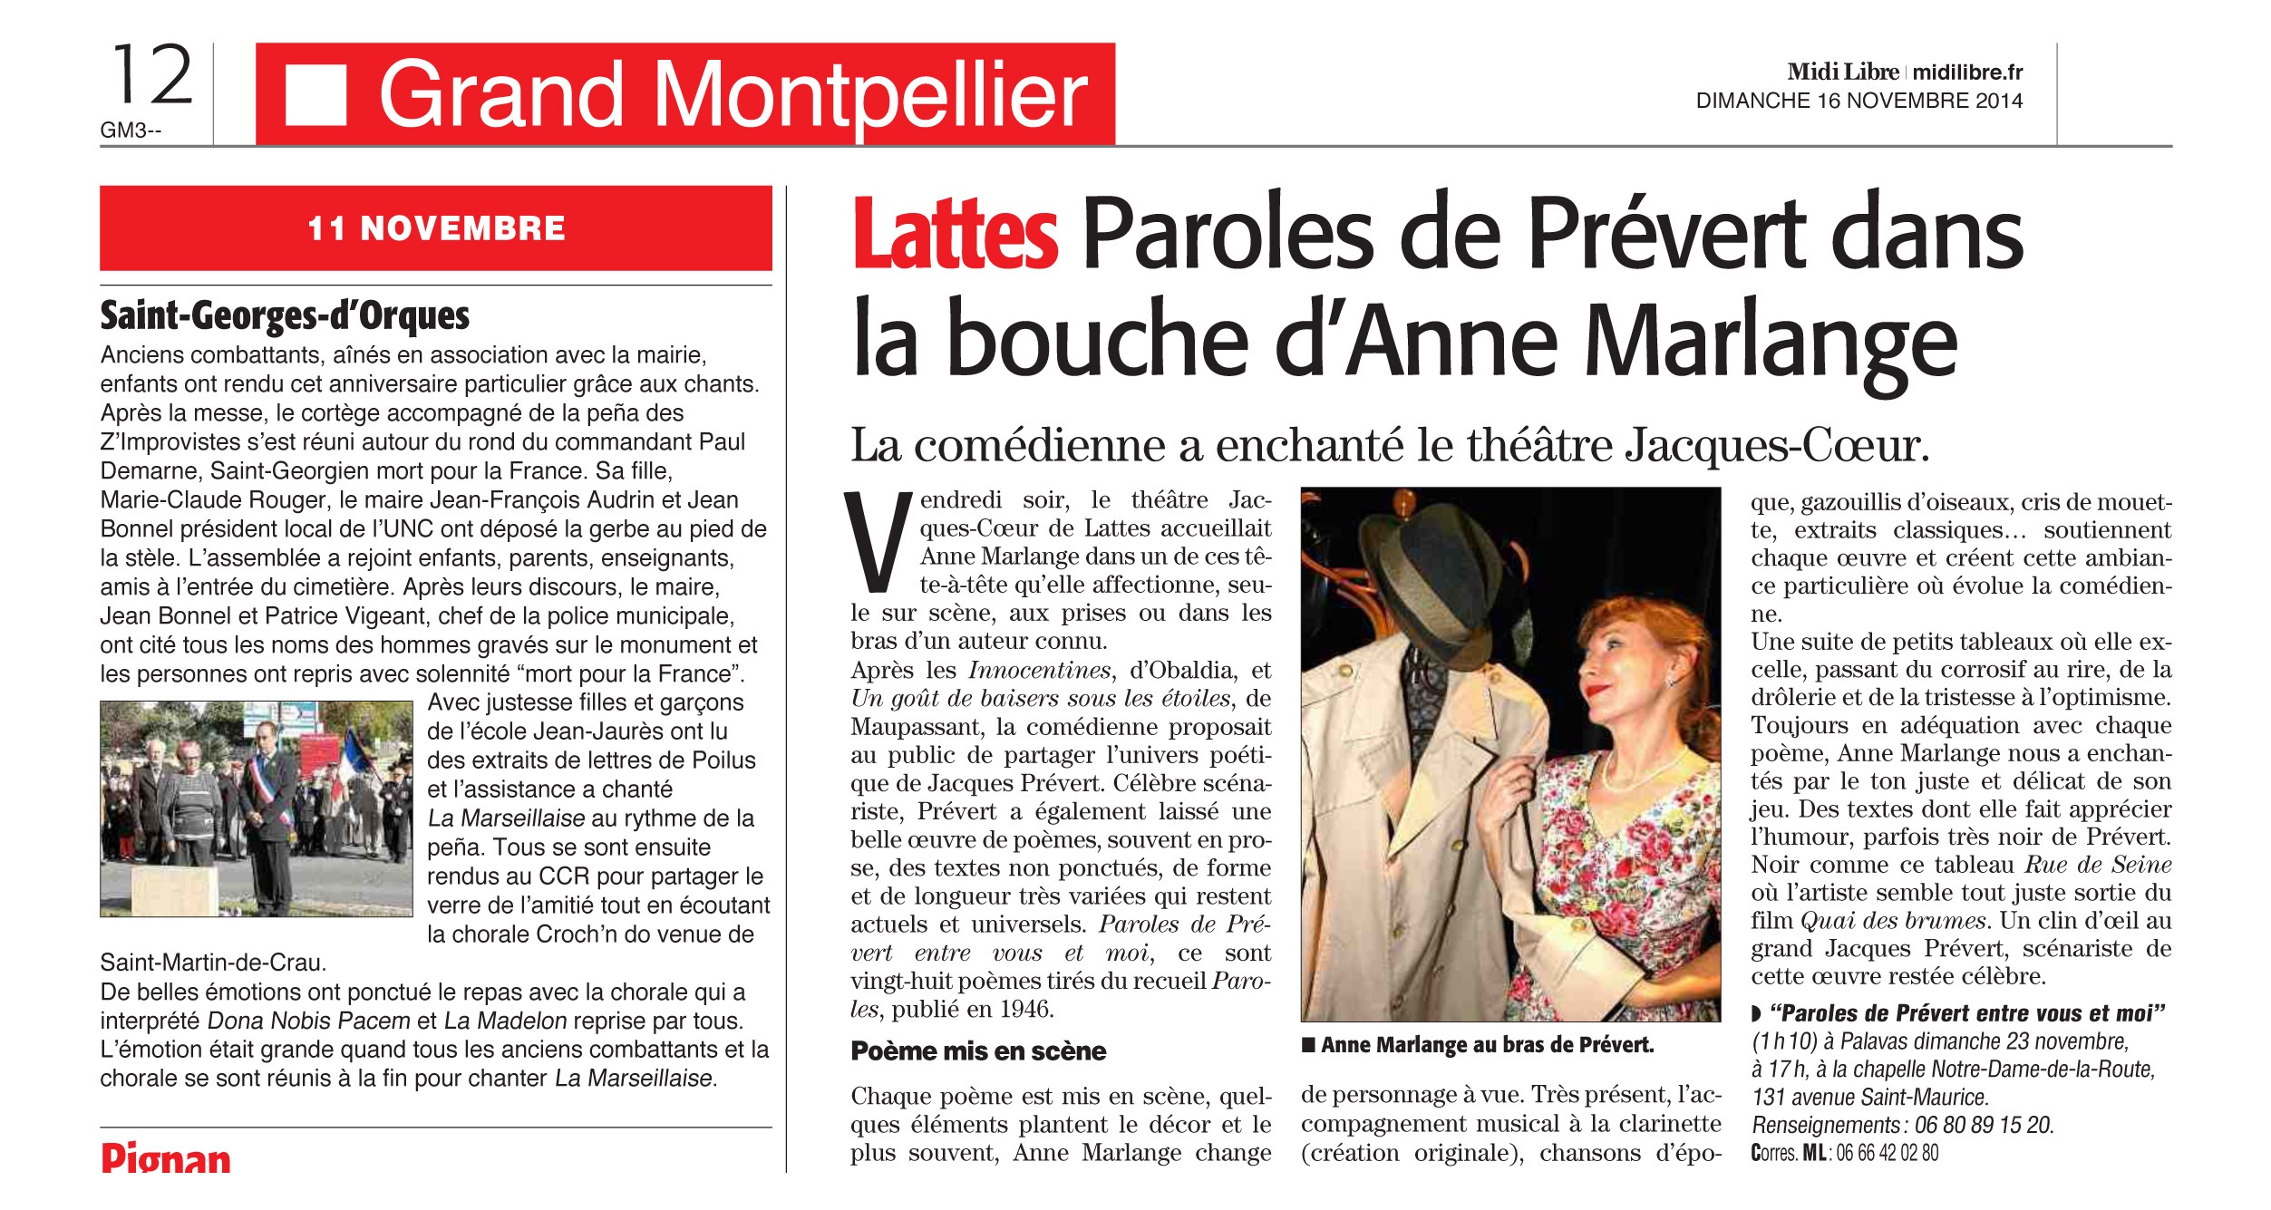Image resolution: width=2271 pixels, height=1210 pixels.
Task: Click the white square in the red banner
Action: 315,94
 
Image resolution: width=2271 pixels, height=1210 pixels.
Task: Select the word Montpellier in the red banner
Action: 870,94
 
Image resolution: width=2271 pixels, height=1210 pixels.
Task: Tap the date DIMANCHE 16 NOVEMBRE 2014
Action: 1859,101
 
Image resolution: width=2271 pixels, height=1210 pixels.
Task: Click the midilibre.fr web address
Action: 1967,72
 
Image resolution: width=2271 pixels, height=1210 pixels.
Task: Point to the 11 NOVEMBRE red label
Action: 436,228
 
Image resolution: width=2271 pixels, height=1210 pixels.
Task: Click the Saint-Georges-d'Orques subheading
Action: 285,315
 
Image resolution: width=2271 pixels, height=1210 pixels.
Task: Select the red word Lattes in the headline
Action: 955,235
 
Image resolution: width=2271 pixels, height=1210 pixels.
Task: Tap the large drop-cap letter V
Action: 876,542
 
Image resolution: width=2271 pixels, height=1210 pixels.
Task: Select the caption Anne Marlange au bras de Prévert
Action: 1487,1045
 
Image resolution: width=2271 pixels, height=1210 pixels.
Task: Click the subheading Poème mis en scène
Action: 978,1051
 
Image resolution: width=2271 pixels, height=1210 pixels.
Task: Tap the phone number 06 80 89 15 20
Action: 1984,1125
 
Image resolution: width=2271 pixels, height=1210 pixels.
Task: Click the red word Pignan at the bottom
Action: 166,1158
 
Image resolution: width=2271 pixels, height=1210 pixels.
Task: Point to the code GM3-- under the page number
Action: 131,131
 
